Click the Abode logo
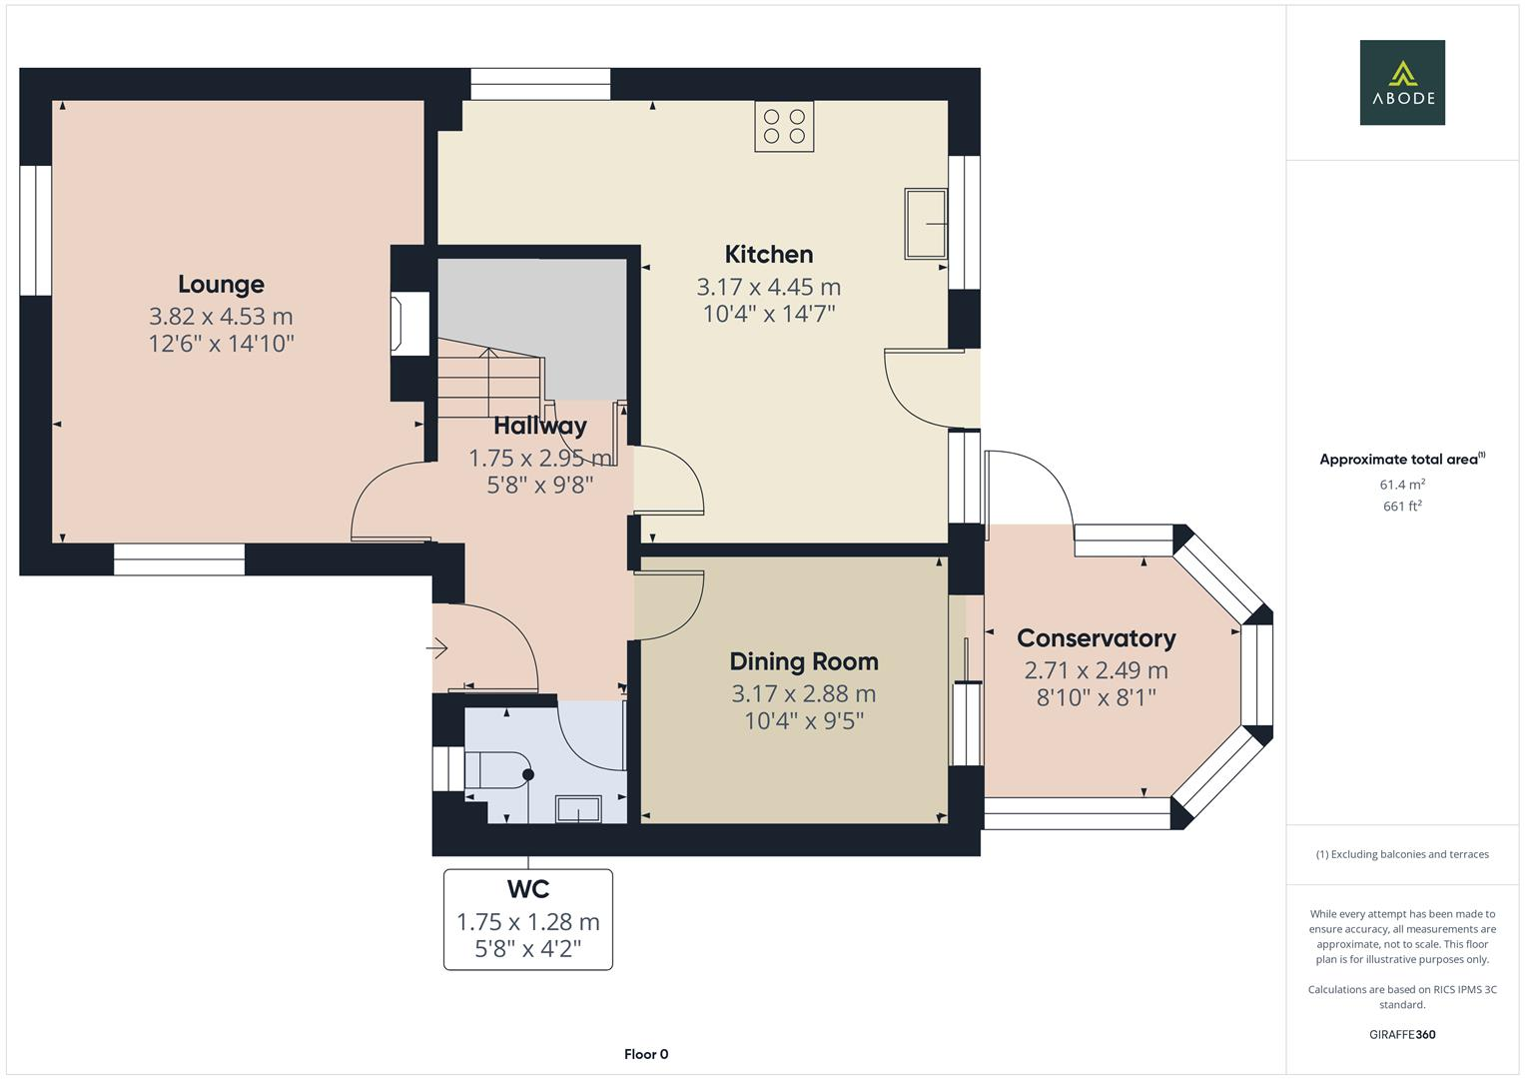(1402, 82)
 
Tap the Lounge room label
(221, 285)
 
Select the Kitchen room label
(768, 255)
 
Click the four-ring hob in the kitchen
(784, 127)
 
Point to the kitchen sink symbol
(927, 223)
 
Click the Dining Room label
(803, 661)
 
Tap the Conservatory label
(1096, 638)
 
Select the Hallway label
(539, 426)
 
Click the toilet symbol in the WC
(499, 772)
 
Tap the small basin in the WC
(578, 808)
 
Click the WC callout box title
(527, 889)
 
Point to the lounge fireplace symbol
(410, 323)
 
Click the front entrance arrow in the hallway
(437, 649)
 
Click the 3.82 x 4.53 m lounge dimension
(221, 317)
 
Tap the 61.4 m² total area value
(1401, 485)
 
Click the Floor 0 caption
(646, 1054)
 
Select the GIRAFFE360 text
(1401, 1034)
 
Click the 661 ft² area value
(1401, 507)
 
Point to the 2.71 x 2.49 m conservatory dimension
(1096, 670)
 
